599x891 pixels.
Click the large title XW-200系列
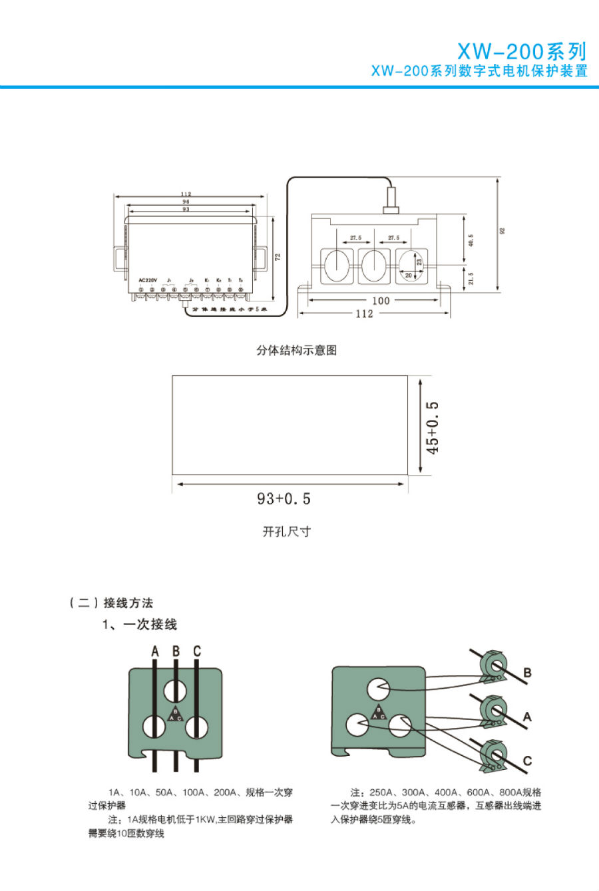(522, 51)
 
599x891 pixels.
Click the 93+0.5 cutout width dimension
(284, 498)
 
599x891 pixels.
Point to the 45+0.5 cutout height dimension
(433, 427)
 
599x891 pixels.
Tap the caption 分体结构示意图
(297, 350)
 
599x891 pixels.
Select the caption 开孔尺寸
(287, 532)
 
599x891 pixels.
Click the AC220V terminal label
(147, 279)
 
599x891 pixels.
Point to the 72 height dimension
(278, 256)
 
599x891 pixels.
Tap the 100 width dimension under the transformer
(381, 301)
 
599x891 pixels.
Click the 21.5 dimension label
(471, 278)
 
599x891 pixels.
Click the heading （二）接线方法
(111, 603)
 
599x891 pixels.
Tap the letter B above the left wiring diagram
(176, 651)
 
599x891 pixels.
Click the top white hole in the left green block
(176, 689)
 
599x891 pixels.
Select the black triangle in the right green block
(379, 713)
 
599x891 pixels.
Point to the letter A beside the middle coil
(528, 717)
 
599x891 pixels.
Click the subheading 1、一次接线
(140, 624)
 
